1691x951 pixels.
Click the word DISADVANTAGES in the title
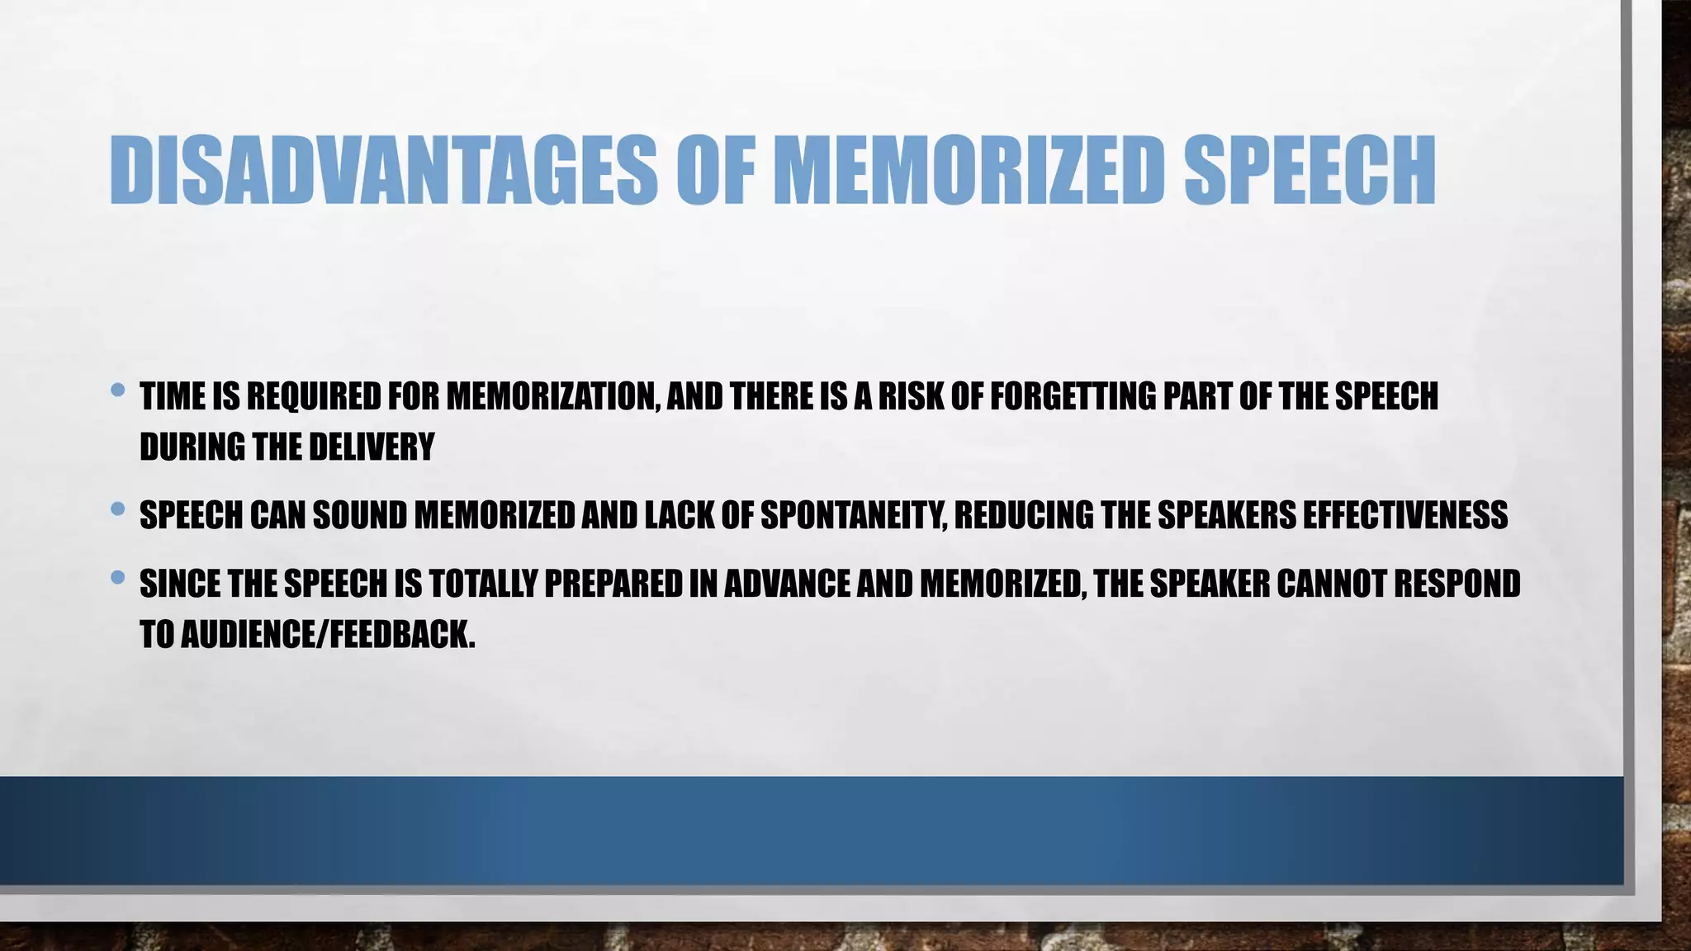(383, 170)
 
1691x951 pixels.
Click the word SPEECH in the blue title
(1310, 170)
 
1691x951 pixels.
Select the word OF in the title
(716, 170)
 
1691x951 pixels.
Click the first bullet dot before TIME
(117, 389)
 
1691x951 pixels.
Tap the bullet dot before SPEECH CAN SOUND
(117, 509)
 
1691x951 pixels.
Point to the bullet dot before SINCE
(117, 577)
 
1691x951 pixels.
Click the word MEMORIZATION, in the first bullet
(552, 397)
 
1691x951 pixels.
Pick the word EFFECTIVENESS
(1404, 516)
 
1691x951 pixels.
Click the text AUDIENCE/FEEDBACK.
(328, 635)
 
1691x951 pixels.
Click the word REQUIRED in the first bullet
(314, 397)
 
